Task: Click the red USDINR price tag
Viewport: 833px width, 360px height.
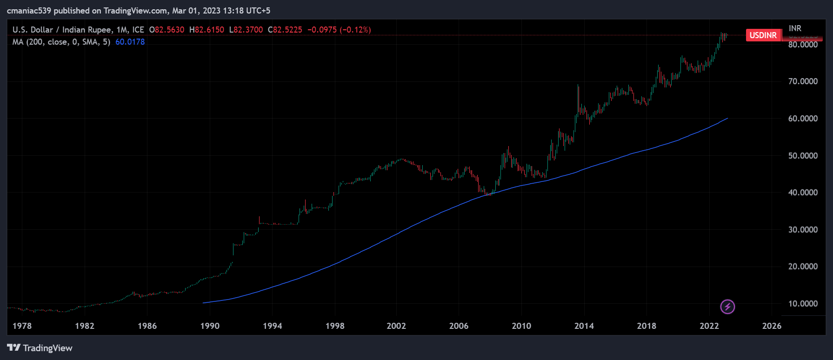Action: pyautogui.click(x=763, y=35)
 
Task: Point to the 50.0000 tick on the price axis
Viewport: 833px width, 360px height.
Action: pyautogui.click(x=803, y=156)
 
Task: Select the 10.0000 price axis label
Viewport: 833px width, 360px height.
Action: pyautogui.click(x=803, y=304)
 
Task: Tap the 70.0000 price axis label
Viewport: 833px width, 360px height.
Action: pyautogui.click(x=803, y=81)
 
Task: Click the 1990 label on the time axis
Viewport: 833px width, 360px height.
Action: pyautogui.click(x=210, y=326)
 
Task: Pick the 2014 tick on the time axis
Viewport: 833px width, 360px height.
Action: pyautogui.click(x=584, y=326)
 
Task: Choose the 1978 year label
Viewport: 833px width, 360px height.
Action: pyautogui.click(x=22, y=326)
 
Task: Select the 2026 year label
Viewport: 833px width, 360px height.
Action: pyautogui.click(x=772, y=326)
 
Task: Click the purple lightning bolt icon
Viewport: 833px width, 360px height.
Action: pyautogui.click(x=727, y=307)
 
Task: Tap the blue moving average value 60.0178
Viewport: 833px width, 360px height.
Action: pyautogui.click(x=130, y=42)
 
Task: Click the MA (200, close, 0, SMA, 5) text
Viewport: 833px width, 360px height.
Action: pyautogui.click(x=61, y=42)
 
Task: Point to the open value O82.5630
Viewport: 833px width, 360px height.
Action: pyautogui.click(x=167, y=30)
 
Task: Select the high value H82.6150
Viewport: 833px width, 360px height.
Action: pyautogui.click(x=207, y=30)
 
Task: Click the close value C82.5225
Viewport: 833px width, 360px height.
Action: pyautogui.click(x=285, y=30)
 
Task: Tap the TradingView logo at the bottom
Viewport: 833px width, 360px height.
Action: pyautogui.click(x=40, y=348)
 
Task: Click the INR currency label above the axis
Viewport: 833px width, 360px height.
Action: pyautogui.click(x=795, y=28)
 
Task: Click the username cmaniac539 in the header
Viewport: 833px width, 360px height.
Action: pyautogui.click(x=29, y=10)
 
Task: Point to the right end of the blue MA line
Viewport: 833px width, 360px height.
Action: pyautogui.click(x=727, y=119)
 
